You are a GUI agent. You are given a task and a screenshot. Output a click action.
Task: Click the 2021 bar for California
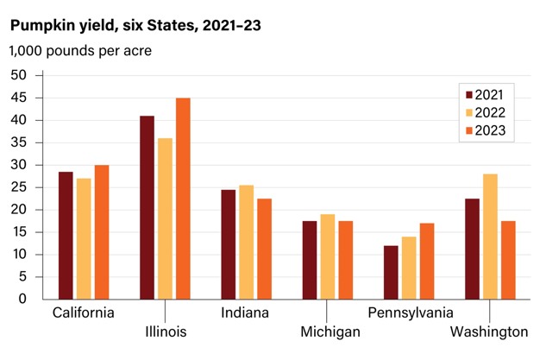(66, 236)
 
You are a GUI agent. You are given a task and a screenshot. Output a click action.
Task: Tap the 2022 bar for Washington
(490, 237)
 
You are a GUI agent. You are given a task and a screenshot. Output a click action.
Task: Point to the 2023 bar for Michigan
(345, 260)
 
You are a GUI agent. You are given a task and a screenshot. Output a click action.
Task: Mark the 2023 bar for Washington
(508, 260)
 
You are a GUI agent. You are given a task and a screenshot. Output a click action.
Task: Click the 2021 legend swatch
(469, 95)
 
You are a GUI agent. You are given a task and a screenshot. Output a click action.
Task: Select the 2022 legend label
(495, 113)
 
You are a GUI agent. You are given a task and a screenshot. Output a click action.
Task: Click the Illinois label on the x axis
(164, 332)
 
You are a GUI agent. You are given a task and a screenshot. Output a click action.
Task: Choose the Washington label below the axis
(488, 332)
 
